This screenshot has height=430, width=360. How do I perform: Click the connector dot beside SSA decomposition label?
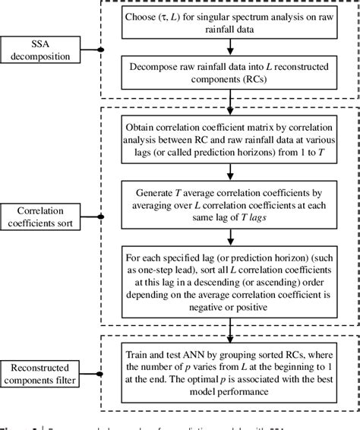[102, 50]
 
